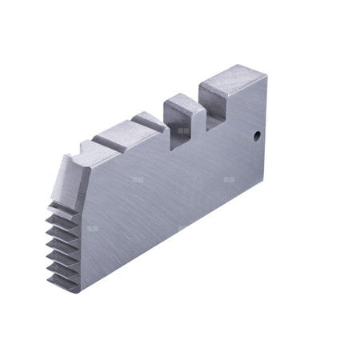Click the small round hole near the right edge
pos(258,136)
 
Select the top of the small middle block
pos(182,102)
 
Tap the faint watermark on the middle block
pos(184,129)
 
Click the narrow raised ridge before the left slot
pos(149,120)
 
